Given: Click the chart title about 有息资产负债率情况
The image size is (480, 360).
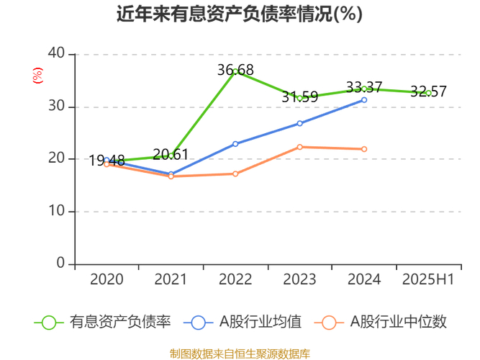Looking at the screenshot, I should [240, 14].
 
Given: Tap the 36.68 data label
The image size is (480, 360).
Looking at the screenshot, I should [235, 70].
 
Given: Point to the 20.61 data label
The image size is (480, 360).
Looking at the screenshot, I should [171, 154].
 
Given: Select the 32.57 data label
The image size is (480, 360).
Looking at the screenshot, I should [428, 91].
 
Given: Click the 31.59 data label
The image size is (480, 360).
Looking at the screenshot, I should [300, 96].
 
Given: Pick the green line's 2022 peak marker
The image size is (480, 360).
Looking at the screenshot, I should [235, 71].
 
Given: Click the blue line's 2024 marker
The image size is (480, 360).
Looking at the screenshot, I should [364, 99].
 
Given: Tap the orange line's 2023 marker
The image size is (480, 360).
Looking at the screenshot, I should [300, 147].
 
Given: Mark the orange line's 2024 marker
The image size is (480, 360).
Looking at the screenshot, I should [364, 149].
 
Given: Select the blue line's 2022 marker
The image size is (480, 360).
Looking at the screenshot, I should [235, 144].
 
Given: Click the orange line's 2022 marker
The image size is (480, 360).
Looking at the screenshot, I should [235, 174].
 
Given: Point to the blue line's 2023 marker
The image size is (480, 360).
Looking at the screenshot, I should [300, 123].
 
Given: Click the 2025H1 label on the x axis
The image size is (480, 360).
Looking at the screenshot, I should [428, 279].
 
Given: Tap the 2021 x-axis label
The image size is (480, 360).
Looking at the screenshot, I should [171, 279].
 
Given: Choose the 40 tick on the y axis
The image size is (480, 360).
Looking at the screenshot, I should [56, 54].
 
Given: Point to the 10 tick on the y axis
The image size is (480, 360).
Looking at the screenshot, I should [56, 212].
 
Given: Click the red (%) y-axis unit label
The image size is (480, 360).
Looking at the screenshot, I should [37, 75].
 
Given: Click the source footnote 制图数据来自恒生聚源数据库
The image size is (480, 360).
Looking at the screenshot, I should [240, 354].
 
